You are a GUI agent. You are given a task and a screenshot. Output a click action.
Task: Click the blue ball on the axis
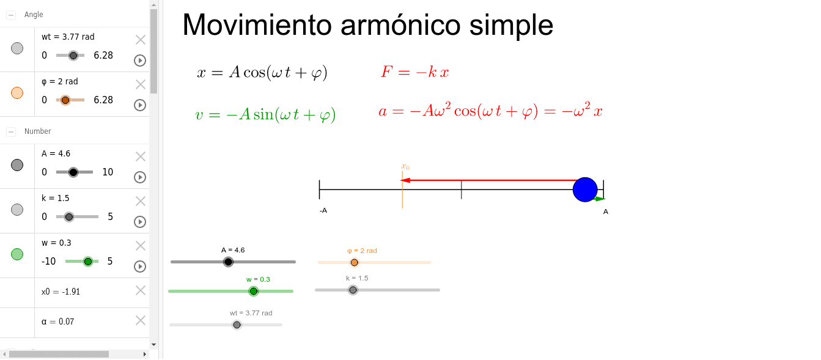click(585, 189)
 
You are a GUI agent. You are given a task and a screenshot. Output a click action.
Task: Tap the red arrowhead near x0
click(405, 180)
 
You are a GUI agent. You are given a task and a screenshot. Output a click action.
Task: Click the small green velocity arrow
click(600, 199)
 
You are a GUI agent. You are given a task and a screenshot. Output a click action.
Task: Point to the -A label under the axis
click(323, 210)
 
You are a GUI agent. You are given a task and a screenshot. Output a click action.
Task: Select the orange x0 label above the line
click(405, 167)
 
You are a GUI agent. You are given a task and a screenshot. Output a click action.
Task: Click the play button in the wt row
click(140, 61)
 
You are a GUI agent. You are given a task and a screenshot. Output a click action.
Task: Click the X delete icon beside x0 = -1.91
click(141, 291)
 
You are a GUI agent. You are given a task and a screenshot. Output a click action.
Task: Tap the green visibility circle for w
click(17, 254)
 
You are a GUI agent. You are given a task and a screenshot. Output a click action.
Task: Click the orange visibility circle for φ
click(17, 93)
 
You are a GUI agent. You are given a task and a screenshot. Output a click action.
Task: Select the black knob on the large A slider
click(229, 262)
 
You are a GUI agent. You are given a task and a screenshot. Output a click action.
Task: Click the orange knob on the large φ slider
click(354, 262)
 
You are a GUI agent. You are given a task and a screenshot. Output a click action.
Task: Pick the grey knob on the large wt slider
click(237, 325)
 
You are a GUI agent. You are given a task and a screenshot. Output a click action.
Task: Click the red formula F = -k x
click(415, 72)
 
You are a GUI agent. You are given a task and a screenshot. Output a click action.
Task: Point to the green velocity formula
click(265, 115)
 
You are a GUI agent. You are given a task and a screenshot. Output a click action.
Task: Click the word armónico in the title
click(400, 25)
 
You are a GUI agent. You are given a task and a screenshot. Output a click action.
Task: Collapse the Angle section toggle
click(11, 15)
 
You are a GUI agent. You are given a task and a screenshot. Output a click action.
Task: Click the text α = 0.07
click(58, 321)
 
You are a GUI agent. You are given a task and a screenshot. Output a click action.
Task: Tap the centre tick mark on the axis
click(461, 189)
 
